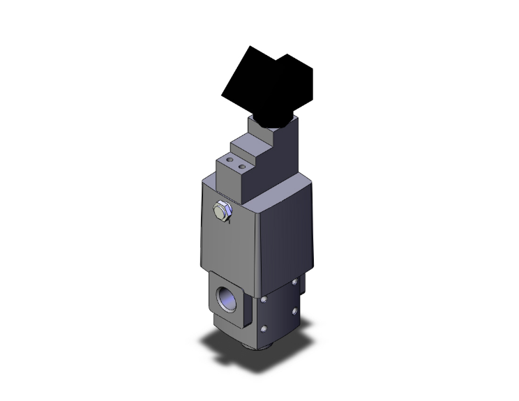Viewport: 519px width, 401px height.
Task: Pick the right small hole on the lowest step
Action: click(x=242, y=167)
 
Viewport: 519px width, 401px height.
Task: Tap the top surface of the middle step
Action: click(x=248, y=146)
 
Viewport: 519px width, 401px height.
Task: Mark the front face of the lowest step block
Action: click(x=229, y=181)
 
